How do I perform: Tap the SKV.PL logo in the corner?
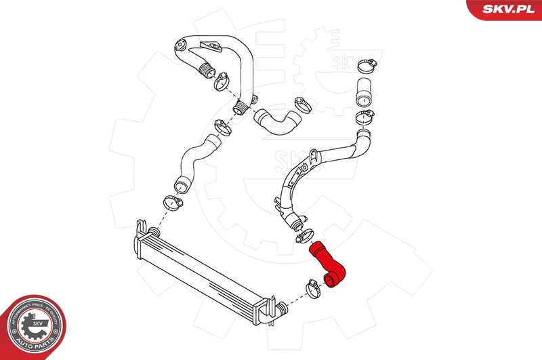pyautogui.click(x=505, y=9)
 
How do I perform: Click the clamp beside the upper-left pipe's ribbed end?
pyautogui.click(x=221, y=82)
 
